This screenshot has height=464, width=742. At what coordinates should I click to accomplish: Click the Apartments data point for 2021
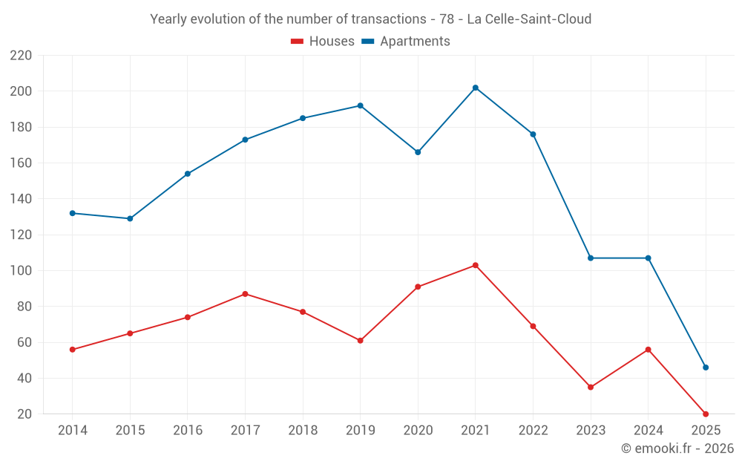click(476, 88)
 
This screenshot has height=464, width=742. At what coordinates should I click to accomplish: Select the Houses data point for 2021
click(476, 265)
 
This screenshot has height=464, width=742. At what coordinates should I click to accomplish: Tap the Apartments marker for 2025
click(706, 367)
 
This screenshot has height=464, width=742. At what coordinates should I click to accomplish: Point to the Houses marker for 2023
click(591, 387)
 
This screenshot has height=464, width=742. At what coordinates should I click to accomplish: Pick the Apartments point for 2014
click(73, 213)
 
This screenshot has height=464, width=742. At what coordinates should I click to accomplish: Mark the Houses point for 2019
click(361, 341)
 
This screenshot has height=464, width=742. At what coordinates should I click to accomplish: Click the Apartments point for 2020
click(418, 152)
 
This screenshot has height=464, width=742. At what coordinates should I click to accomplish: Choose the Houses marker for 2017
click(245, 294)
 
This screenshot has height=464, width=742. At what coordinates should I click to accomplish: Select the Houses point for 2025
click(706, 414)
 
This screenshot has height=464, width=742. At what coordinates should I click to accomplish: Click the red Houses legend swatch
click(297, 42)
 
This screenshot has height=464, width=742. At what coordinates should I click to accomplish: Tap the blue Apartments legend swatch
click(367, 42)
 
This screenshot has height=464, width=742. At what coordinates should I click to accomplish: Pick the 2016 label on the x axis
click(188, 431)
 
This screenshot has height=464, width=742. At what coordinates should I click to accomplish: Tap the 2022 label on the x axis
click(533, 431)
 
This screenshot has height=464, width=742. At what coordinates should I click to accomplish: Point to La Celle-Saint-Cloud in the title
click(529, 19)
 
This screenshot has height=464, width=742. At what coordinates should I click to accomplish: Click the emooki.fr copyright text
click(677, 448)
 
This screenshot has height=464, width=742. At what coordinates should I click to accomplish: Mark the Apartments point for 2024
click(648, 258)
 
